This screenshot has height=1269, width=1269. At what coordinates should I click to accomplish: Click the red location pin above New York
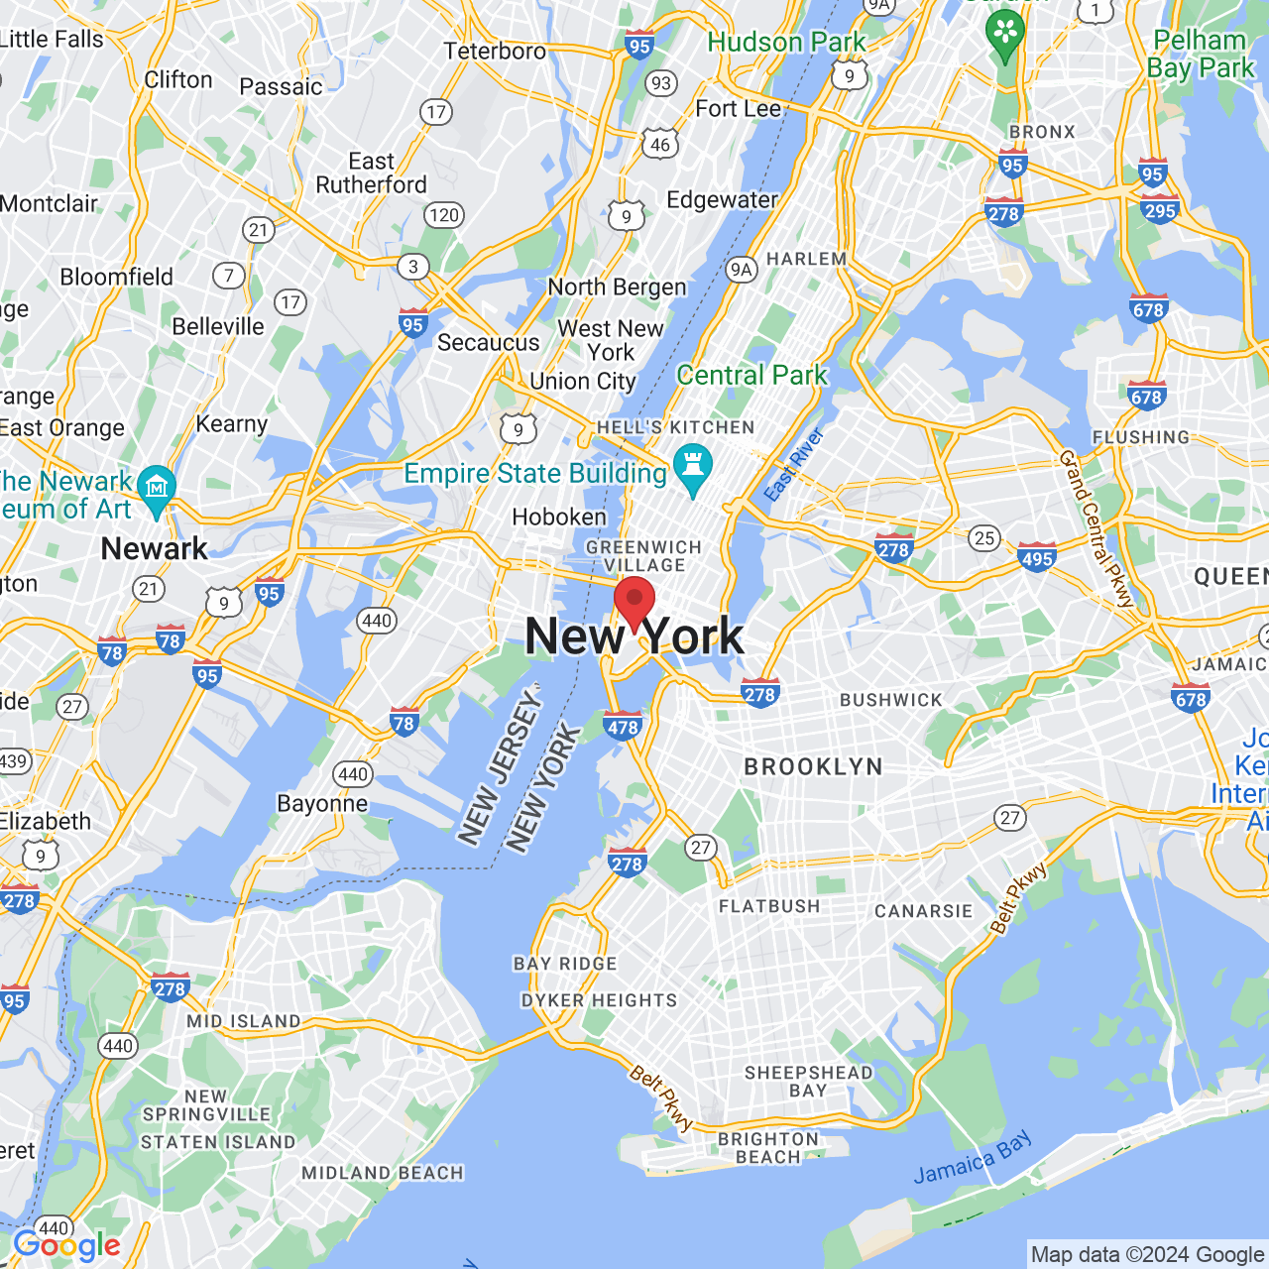[x=634, y=600]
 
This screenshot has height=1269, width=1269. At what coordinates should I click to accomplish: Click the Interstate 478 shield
[x=623, y=726]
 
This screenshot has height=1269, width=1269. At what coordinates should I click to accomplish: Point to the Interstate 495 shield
[x=1037, y=557]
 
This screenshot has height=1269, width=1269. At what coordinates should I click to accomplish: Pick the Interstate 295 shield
[x=1159, y=209]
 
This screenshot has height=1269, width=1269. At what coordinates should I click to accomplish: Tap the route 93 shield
[x=661, y=83]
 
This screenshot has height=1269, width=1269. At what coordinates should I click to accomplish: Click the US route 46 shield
[x=660, y=145]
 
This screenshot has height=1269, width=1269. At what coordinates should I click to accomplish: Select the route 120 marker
[x=444, y=215]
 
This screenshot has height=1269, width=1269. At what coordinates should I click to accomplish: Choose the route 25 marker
[x=983, y=538]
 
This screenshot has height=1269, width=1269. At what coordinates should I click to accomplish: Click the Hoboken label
[x=559, y=518]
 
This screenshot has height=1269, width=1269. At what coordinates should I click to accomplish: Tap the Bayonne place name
[x=322, y=804]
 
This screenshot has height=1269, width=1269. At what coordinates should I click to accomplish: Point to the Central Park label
[x=751, y=376]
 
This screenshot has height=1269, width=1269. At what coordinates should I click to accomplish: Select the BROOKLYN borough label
[x=813, y=767]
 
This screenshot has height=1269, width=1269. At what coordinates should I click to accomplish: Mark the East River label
[x=794, y=465]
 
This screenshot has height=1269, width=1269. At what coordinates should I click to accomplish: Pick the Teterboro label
[x=495, y=51]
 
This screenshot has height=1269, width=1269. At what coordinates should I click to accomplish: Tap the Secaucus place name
[x=489, y=343]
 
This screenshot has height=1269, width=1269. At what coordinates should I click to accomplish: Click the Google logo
[x=66, y=1246]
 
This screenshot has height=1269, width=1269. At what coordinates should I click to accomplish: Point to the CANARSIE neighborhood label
[x=923, y=911]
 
